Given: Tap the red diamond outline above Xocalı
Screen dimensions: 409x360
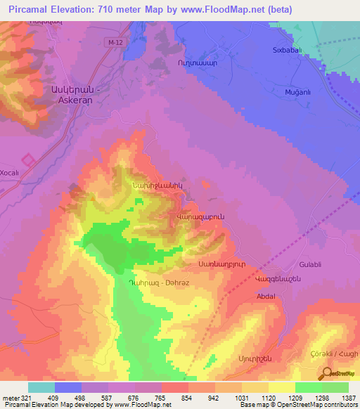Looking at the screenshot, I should coord(28,160).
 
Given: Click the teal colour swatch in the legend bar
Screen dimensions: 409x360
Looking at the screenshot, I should coord(41,387).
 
